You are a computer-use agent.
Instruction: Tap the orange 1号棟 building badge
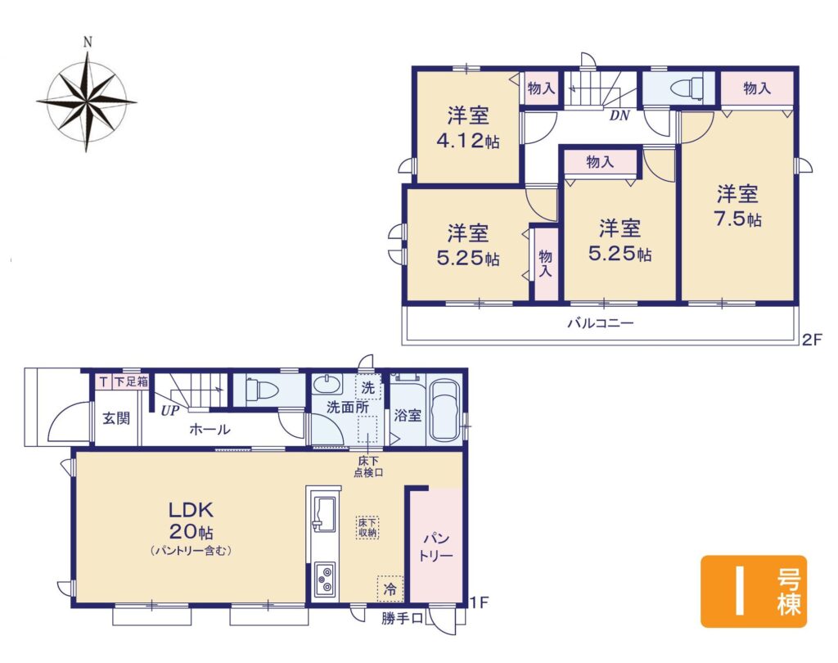(754, 591)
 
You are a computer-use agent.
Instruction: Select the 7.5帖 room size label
(737, 219)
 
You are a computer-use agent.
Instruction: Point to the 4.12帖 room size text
(468, 141)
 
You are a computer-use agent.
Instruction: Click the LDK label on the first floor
(191, 510)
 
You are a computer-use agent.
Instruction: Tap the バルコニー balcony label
(600, 323)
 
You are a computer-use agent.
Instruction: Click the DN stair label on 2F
(619, 115)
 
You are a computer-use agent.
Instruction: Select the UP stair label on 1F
(170, 411)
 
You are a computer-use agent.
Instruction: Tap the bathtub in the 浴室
(445, 410)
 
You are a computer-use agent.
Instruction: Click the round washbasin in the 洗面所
(327, 385)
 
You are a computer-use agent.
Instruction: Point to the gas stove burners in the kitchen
(324, 580)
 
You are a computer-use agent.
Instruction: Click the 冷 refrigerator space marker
(390, 589)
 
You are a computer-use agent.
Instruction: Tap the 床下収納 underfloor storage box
(367, 527)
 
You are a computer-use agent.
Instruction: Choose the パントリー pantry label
(436, 547)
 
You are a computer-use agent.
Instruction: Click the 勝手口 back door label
(402, 619)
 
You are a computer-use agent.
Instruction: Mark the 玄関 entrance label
(116, 418)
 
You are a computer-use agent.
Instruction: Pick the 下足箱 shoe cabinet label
(131, 381)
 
